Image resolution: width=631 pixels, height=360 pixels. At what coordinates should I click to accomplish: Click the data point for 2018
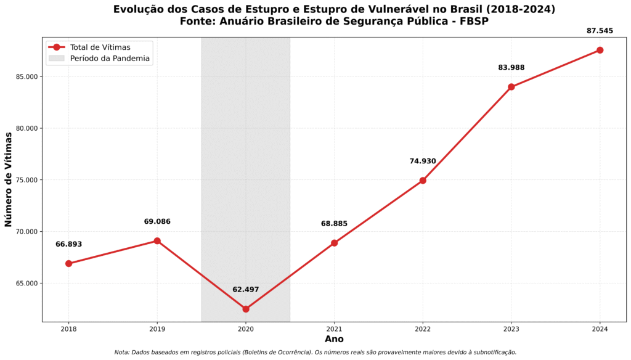click(x=68, y=263)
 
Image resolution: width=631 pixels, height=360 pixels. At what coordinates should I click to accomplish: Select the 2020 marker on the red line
click(x=246, y=309)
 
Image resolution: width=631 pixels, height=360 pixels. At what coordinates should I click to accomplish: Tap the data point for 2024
click(x=600, y=50)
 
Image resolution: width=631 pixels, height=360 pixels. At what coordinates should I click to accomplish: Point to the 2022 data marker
click(x=423, y=181)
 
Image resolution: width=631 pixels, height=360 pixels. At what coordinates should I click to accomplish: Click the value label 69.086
click(x=157, y=221)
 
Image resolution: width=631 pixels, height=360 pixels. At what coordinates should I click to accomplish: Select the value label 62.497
click(x=246, y=290)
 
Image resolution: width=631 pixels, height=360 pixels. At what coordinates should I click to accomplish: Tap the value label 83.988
click(x=511, y=68)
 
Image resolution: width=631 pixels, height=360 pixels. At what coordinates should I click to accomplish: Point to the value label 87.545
click(x=600, y=31)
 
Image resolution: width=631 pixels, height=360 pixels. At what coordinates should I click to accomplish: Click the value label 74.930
click(x=423, y=162)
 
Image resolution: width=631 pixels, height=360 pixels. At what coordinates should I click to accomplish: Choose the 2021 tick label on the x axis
click(x=334, y=329)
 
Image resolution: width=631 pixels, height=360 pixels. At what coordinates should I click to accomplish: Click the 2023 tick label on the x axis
click(x=511, y=329)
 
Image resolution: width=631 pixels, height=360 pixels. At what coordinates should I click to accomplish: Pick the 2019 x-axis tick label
click(x=157, y=329)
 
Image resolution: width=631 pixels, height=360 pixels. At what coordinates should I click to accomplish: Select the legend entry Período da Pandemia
click(x=110, y=59)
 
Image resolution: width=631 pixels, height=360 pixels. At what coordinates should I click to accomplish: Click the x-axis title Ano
click(x=334, y=339)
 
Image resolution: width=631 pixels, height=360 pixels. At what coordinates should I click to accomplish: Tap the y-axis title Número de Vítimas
click(x=9, y=179)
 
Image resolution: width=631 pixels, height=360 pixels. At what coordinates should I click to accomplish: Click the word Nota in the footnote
click(x=122, y=353)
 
